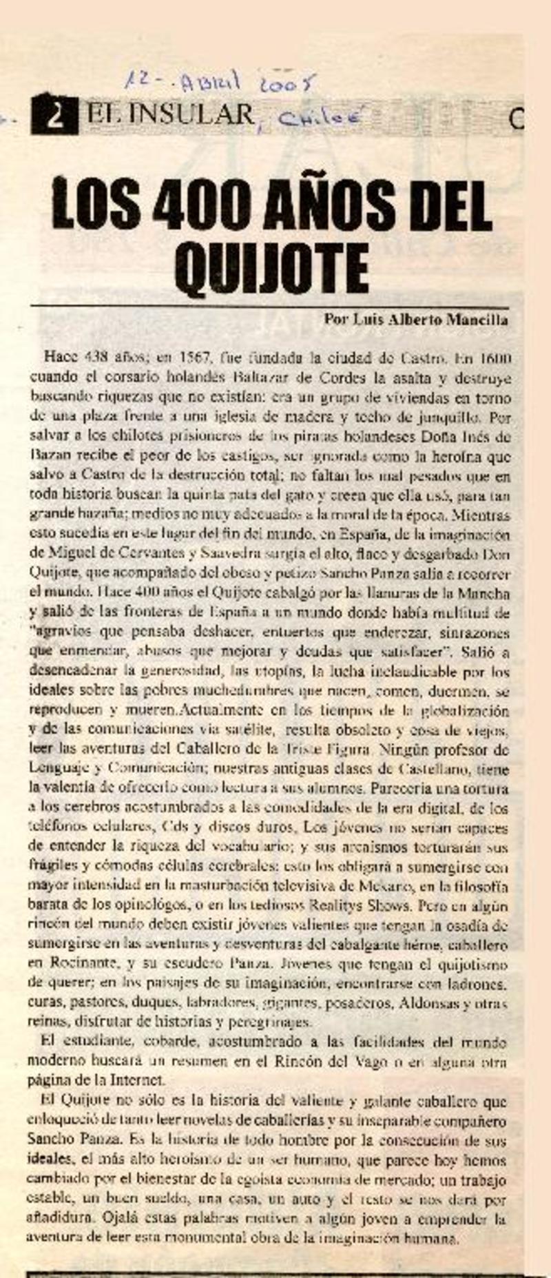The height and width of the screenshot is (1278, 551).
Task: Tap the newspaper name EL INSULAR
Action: click(170, 114)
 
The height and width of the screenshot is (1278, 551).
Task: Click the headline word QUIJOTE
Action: click(271, 268)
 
